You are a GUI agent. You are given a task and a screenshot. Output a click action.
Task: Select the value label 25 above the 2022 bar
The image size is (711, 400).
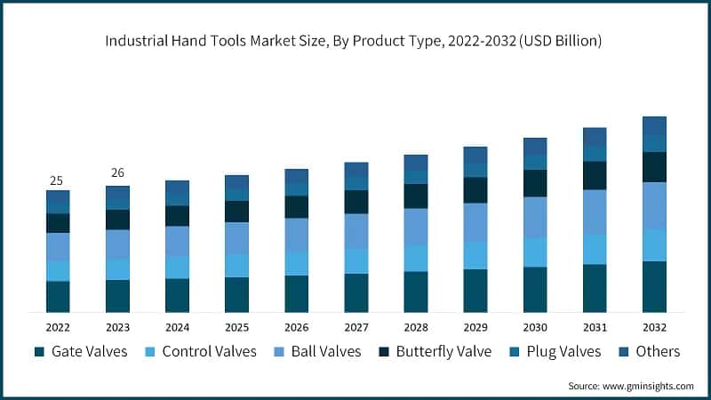tap(57, 180)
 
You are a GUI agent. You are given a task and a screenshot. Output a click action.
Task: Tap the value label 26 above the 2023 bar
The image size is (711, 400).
tap(117, 172)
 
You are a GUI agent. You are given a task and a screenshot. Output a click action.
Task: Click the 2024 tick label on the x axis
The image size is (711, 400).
tap(177, 325)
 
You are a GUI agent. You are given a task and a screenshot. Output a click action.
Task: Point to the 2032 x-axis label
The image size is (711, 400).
tap(654, 325)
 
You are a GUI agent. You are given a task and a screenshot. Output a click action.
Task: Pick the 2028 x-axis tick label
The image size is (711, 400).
tap(415, 325)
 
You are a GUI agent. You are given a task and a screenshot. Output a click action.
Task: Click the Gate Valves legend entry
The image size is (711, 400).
tap(81, 351)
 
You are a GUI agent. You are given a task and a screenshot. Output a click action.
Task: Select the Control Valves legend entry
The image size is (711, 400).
tap(199, 351)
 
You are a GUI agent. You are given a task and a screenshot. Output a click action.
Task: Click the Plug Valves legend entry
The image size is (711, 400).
tap(556, 351)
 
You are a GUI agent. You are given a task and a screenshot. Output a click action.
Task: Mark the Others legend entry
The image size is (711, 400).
tap(648, 351)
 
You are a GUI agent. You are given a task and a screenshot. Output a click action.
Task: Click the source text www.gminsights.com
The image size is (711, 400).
tap(631, 386)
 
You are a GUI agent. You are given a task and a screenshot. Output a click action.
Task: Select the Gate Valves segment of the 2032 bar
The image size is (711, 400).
tap(654, 286)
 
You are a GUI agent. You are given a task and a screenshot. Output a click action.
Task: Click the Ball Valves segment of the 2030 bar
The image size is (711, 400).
tap(535, 217)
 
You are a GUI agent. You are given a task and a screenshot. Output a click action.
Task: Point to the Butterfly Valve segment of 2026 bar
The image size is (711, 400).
tap(296, 207)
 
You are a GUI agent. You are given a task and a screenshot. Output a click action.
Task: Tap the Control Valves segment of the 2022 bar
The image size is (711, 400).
tap(58, 270)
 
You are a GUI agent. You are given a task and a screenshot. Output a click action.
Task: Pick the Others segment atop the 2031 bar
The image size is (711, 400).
tap(595, 136)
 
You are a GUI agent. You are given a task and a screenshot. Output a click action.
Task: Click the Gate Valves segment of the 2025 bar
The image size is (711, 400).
tap(236, 294)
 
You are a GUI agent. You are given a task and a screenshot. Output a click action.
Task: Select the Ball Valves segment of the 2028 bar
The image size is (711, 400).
tap(415, 227)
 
